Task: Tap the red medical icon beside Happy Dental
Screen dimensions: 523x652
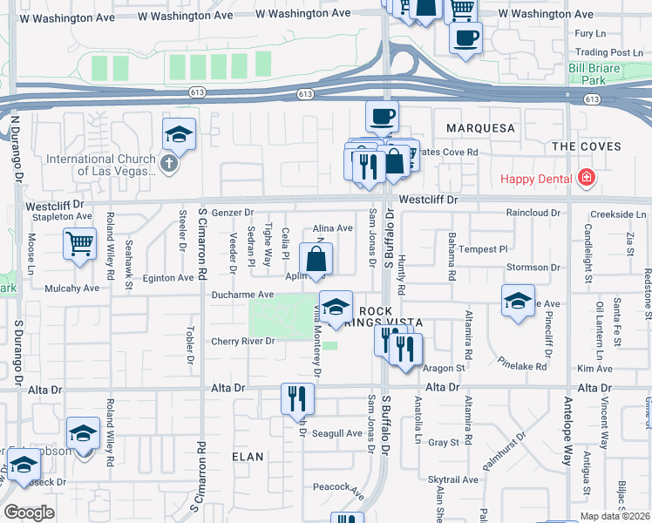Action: (x=587, y=179)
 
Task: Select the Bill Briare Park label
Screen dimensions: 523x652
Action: (x=600, y=73)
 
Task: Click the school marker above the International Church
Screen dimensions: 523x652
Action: (x=179, y=133)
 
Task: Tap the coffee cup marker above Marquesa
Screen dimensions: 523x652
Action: (x=381, y=114)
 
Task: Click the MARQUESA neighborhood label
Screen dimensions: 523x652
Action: (x=481, y=128)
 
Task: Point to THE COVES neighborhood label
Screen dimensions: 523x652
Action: (x=586, y=146)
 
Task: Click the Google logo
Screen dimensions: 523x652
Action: (x=29, y=513)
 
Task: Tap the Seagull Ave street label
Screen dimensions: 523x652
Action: (x=336, y=433)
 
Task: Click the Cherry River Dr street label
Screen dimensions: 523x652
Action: (x=243, y=341)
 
